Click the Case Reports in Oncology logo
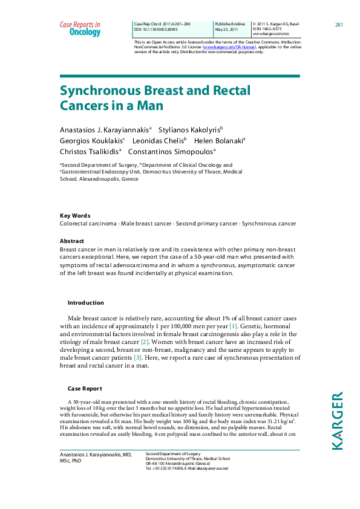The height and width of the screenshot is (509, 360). (80, 28)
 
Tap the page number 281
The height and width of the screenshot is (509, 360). (339, 24)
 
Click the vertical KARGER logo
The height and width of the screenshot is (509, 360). (338, 420)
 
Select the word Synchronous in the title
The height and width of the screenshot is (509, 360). (100, 91)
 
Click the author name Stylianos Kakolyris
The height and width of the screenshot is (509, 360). (190, 129)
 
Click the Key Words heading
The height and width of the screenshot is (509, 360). (75, 216)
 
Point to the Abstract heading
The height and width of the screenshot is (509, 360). (72, 241)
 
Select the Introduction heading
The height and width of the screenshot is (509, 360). (85, 303)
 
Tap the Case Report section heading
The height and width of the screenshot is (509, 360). (85, 389)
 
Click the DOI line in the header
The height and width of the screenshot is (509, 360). (160, 29)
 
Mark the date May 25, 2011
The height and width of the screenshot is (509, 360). (226, 29)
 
